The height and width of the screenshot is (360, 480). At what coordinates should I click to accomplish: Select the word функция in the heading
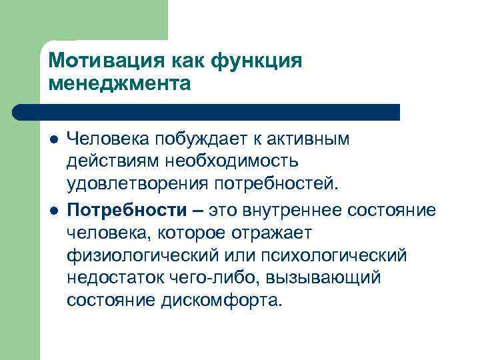pyautogui.click(x=257, y=61)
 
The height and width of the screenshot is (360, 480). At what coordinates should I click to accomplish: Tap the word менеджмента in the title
pyautogui.click(x=120, y=83)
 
